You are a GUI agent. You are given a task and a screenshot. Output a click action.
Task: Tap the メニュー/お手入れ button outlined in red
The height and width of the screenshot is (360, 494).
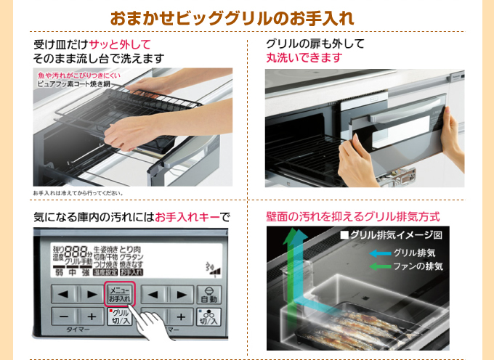[119, 294]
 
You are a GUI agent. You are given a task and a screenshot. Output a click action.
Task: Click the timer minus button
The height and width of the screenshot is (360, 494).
[64, 317]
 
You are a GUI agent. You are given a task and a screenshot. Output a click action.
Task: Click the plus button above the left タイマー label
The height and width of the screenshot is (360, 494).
[92, 317]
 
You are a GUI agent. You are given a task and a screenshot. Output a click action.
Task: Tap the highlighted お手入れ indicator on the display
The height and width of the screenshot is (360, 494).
[131, 272]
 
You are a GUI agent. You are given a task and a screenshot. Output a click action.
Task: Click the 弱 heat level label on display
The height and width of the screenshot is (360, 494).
[60, 272]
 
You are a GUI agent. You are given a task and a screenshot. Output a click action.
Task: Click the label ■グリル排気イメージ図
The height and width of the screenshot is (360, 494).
[391, 235]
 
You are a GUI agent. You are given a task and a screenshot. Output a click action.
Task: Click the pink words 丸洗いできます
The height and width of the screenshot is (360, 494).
[303, 58]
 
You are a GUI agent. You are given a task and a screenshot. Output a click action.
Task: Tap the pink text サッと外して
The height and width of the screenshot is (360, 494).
[130, 44]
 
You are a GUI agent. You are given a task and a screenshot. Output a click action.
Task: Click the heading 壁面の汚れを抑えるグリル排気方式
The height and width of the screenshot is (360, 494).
[353, 216]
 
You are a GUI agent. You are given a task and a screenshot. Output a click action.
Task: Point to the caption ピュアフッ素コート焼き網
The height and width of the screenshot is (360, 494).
[73, 84]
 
